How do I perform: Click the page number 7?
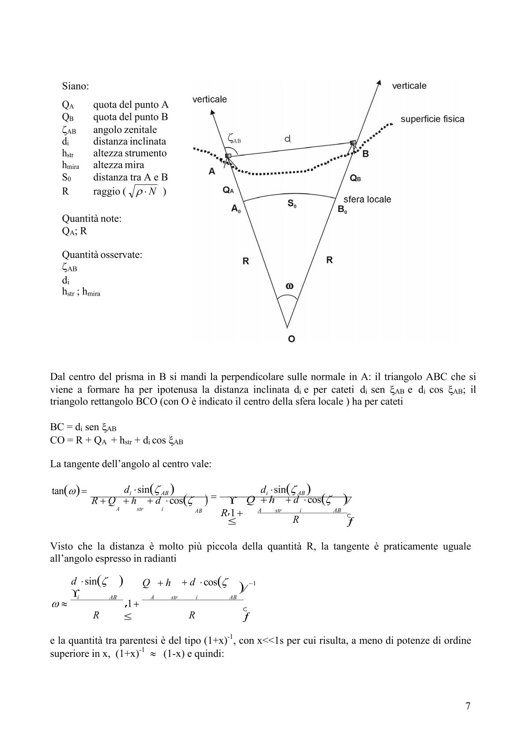point(468,705)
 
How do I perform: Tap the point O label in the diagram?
point(291,339)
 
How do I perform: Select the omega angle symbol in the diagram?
point(289,286)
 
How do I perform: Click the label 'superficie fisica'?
point(432,119)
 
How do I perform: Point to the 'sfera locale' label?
point(367,199)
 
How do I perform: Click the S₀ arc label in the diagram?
point(292,203)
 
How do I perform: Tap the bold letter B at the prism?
point(365,154)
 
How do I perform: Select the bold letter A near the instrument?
point(212,171)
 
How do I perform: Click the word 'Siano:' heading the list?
point(75,86)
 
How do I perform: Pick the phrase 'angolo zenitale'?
point(125,130)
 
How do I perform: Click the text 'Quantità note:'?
point(91,218)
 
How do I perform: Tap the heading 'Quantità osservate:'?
point(102,255)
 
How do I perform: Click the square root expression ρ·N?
point(146,192)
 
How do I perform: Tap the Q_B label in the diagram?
point(356,178)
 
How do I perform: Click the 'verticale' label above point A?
point(209,99)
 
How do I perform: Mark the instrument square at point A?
point(228,156)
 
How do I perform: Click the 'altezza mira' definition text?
point(118,165)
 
